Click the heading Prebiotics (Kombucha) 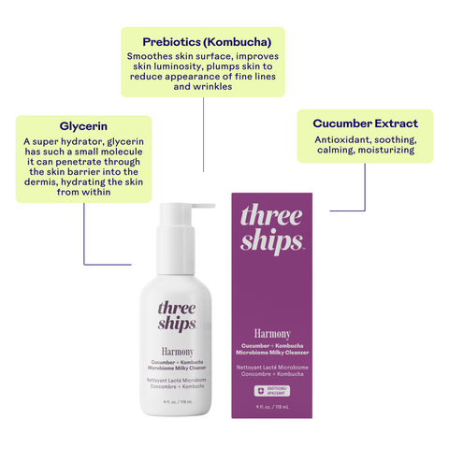point(206,42)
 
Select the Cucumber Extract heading point(358,123)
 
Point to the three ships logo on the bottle point(176,315)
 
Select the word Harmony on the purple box point(271,333)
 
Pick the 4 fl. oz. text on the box point(272,405)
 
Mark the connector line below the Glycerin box point(86,234)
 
